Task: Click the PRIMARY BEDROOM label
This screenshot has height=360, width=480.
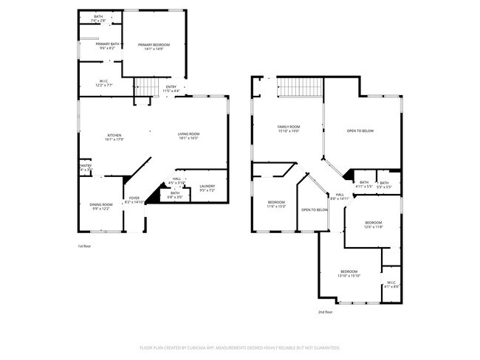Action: coord(154,45)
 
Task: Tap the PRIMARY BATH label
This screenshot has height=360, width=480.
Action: coord(107,44)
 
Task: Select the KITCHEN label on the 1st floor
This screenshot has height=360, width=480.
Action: coord(114,135)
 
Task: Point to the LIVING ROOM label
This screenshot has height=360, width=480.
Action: coord(188,134)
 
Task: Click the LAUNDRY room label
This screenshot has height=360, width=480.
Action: coord(207,188)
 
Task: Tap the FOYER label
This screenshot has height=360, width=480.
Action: coord(134,198)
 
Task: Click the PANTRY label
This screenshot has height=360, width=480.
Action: coord(85,166)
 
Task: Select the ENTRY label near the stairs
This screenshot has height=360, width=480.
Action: coord(171,87)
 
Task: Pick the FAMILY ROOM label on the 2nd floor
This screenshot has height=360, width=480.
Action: coord(288,127)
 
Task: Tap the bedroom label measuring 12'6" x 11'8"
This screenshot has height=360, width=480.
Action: coord(373,223)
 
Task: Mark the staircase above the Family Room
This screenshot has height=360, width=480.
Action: coord(300,88)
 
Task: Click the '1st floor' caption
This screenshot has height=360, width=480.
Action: coord(85,246)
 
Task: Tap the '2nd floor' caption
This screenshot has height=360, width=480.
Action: coord(326,312)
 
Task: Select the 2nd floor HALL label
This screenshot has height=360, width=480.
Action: coord(340,195)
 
